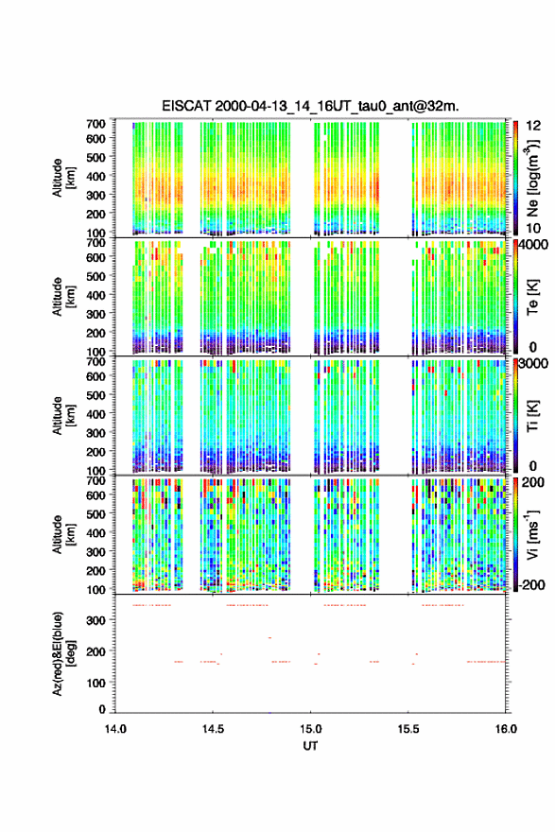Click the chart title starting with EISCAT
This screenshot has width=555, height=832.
(x=310, y=106)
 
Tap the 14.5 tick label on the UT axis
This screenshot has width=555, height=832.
(x=213, y=729)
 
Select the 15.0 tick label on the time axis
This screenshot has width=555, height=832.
(x=310, y=729)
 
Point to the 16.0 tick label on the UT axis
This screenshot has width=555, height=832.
(x=506, y=729)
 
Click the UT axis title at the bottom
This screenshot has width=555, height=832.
(x=310, y=746)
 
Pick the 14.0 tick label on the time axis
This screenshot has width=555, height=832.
(x=115, y=729)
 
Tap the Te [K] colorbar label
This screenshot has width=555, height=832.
(x=532, y=297)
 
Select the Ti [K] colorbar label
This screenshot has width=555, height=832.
(x=532, y=416)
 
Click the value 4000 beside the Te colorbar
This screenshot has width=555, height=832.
(x=533, y=245)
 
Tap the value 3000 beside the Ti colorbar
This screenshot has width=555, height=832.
(x=533, y=363)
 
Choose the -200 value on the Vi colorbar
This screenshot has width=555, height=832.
(x=531, y=584)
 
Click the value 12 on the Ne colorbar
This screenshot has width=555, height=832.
(x=533, y=126)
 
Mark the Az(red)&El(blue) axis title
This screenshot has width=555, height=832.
(x=62, y=653)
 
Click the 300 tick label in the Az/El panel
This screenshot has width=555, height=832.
(x=96, y=620)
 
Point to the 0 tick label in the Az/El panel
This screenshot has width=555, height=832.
(x=102, y=709)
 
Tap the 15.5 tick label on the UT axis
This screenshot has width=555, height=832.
(x=408, y=729)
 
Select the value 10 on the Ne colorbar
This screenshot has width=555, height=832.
(x=533, y=228)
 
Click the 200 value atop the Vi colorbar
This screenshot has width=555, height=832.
(x=533, y=482)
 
